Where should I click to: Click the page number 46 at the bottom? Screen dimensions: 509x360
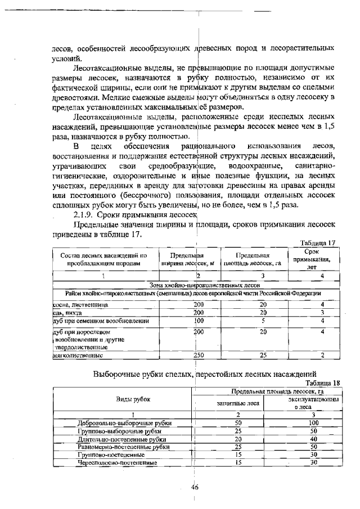(195, 487)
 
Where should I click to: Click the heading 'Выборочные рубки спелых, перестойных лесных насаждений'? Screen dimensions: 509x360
(217, 373)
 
